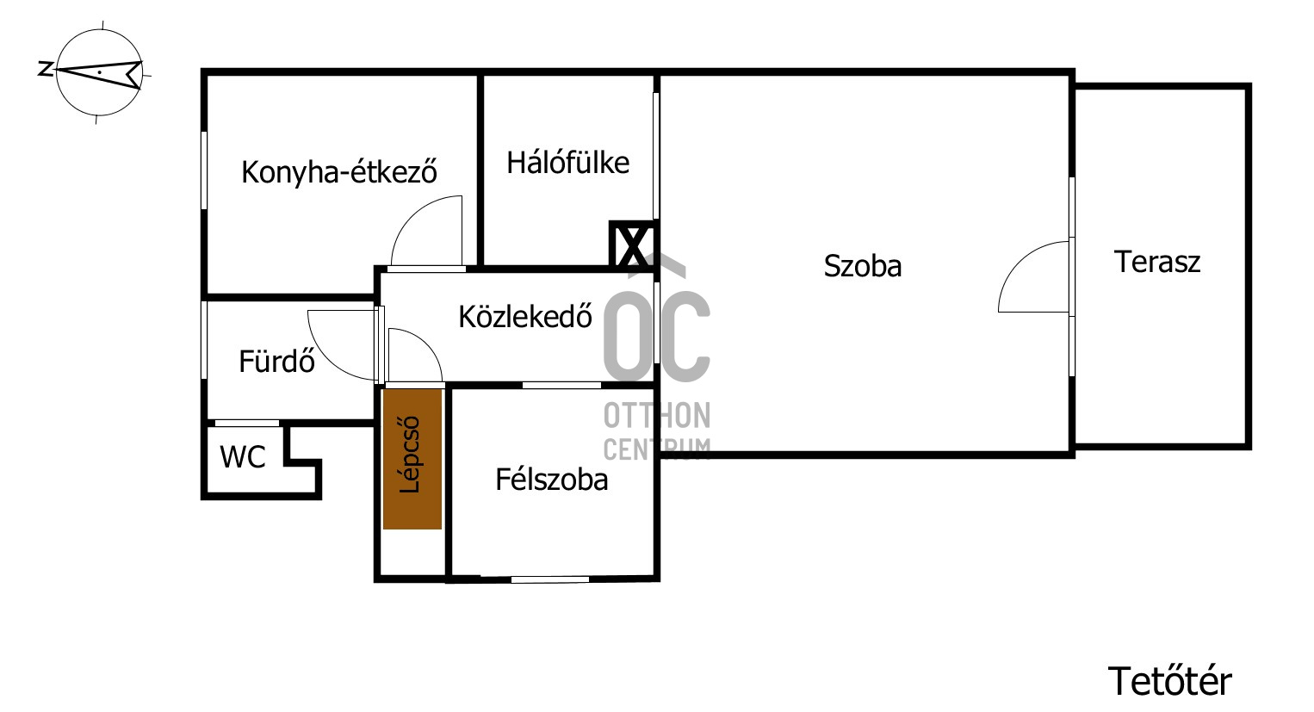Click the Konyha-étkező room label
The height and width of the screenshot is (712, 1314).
click(x=339, y=172)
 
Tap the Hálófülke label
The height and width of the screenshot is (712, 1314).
click(x=567, y=163)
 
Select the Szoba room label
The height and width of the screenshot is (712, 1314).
click(x=862, y=266)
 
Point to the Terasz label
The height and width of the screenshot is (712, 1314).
click(x=1156, y=262)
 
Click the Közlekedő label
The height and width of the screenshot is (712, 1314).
click(x=525, y=317)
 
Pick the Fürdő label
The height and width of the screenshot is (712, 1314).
click(x=276, y=362)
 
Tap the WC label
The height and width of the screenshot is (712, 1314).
click(x=243, y=457)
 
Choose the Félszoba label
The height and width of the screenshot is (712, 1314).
click(x=551, y=480)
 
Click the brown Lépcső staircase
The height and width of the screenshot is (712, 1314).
click(x=412, y=459)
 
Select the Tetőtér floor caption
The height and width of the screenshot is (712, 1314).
click(x=1169, y=682)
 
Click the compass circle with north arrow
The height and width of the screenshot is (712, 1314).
click(x=99, y=72)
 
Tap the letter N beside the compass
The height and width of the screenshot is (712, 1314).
click(x=45, y=69)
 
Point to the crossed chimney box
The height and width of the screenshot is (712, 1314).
click(x=632, y=245)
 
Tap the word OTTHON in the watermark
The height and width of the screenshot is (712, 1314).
click(x=657, y=416)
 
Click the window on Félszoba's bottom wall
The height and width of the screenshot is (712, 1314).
click(x=549, y=579)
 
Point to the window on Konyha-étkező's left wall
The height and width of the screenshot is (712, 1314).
click(x=204, y=170)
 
